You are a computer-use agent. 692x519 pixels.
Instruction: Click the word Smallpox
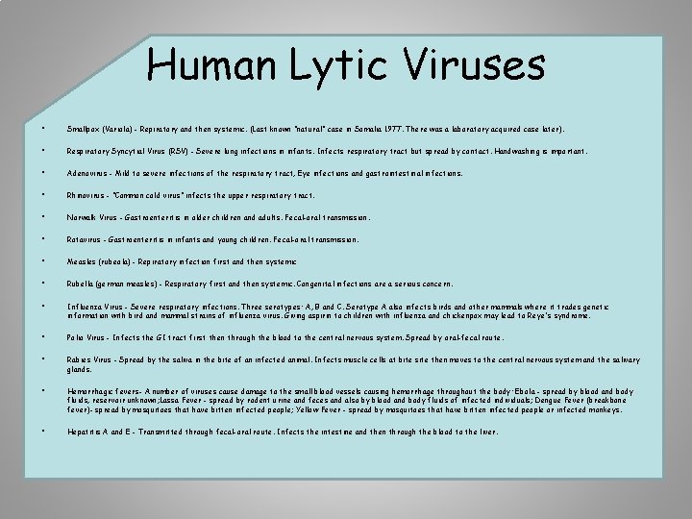(x=85, y=128)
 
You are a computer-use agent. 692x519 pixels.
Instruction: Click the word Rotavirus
(x=86, y=239)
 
